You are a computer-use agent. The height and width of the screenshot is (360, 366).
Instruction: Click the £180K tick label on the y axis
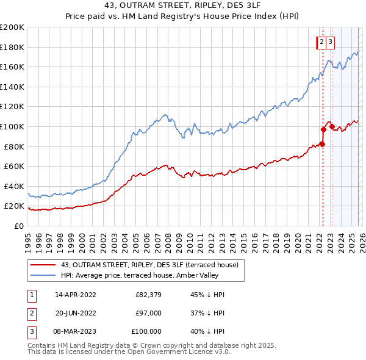pos(12,46)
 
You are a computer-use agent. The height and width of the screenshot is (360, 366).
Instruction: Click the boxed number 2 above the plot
pos(321,42)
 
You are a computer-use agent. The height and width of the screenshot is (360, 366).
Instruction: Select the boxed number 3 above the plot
pos(330,42)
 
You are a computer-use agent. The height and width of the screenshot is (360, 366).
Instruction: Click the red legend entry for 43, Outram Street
pos(152,264)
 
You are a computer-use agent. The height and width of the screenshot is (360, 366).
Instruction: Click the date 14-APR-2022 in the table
pos(76,295)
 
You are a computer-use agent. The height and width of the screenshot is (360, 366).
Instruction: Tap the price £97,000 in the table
pos(148,313)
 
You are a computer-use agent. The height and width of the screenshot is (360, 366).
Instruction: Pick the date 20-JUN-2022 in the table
pos(76,313)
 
